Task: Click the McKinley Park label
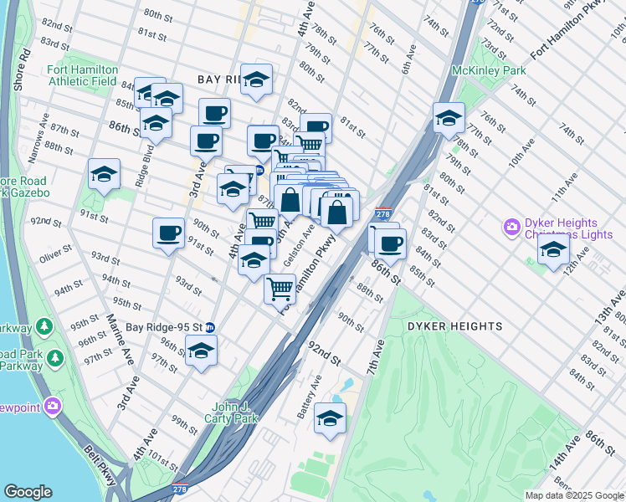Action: tap(490, 71)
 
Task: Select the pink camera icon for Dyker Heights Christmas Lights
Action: tap(510, 227)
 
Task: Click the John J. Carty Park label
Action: tap(234, 413)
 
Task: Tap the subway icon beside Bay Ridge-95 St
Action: tap(210, 327)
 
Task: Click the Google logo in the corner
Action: tap(28, 492)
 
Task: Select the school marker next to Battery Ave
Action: tap(330, 417)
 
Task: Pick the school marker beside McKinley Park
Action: tap(449, 118)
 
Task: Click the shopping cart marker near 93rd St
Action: tap(280, 288)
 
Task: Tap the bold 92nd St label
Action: tap(324, 353)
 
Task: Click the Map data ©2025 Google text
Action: tap(573, 495)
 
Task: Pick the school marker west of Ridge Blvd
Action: tap(104, 174)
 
